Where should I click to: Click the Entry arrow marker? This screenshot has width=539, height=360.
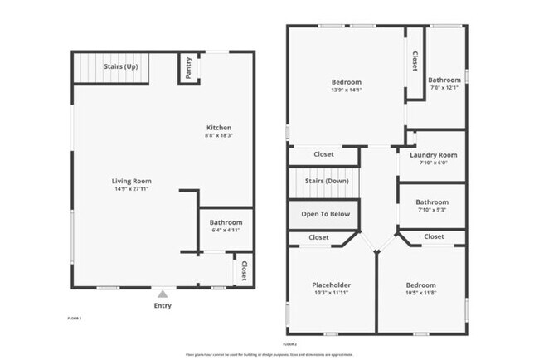pos(163,293)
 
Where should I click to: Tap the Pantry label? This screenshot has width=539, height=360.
pos(189,69)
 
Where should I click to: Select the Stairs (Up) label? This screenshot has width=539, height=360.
pos(121,66)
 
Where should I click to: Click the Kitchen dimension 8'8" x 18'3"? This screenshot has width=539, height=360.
pos(219,135)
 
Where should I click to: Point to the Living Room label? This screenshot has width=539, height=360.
pos(132,181)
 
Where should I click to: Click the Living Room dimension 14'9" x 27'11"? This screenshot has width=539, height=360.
pos(132,189)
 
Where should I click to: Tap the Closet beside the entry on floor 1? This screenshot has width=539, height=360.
pos(244,270)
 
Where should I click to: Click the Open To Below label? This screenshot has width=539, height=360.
pos(325,214)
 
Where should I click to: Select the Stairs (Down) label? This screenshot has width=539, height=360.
pos(325,181)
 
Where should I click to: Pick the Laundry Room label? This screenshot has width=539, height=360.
pos(433,155)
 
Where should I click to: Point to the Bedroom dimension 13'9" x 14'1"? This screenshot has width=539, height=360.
pos(347,90)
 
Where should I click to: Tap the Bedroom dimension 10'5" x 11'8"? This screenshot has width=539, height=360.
pos(423,291)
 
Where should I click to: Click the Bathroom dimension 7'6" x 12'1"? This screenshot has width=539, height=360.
pos(444,88)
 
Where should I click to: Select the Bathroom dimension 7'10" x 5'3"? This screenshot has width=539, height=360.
pos(432,210)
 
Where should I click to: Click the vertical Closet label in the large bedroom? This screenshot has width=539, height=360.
pos(415,61)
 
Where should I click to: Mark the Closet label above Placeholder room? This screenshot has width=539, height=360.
pos(318,237)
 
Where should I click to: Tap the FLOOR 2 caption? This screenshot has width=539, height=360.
pos(290,343)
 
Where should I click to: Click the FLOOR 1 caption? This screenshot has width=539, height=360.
pos(75,318)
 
